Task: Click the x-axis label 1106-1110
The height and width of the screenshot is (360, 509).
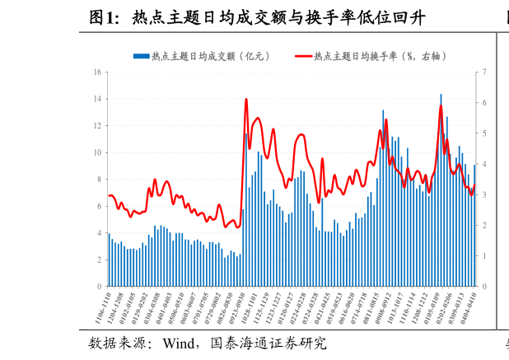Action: pos(102,308)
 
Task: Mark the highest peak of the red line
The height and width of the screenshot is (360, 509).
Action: pos(246,100)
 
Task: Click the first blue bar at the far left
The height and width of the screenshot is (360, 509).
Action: pos(109,259)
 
